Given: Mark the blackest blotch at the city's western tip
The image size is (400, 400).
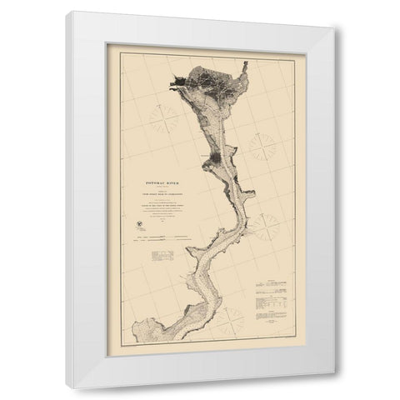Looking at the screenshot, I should (x=177, y=81).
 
